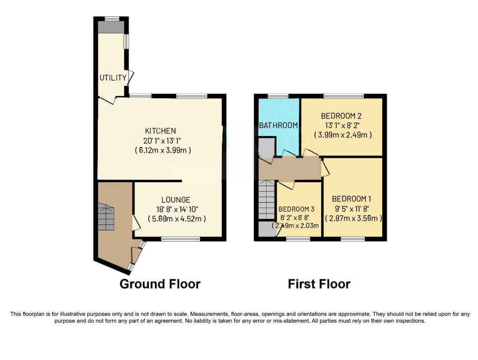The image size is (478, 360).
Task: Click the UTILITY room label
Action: [113, 78]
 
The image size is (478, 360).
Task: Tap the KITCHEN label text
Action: [160, 131]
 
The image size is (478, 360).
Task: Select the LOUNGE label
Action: [176, 200]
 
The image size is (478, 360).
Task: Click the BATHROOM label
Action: [278, 126]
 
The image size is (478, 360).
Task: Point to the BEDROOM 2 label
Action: [341, 116]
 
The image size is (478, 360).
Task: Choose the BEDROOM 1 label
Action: [351, 199]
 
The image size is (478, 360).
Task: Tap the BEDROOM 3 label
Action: [296, 209]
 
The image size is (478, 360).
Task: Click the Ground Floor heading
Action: [160, 284]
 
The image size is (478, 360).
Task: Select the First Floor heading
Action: [319, 284]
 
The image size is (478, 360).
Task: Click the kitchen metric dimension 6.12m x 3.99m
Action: [163, 150]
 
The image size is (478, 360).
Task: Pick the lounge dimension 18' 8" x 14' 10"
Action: [177, 210]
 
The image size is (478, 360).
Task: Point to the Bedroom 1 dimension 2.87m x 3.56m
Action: [353, 218]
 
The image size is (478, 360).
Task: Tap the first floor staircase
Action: [267, 200]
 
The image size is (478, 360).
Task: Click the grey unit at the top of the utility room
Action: [111, 27]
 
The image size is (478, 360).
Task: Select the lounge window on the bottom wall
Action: [181, 239]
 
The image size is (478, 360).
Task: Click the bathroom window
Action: [278, 96]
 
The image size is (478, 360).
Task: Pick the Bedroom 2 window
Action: [343, 96]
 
